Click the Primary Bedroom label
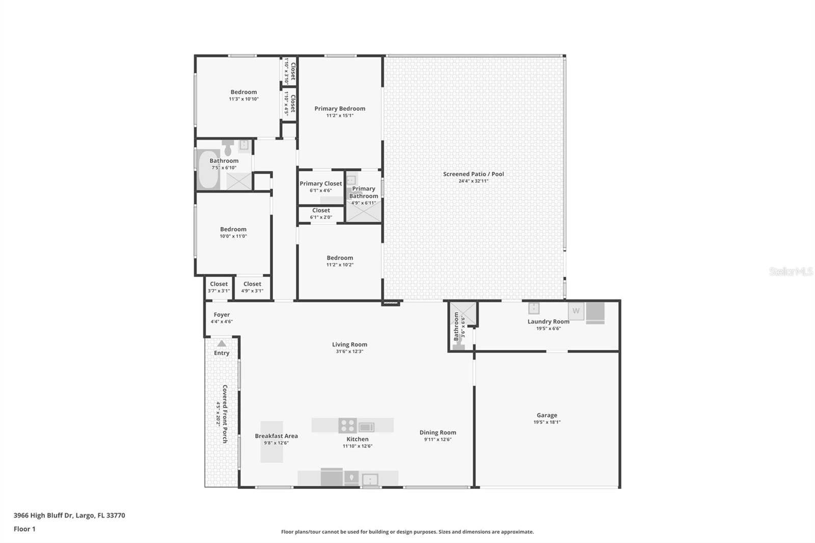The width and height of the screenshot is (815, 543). coord(340,108)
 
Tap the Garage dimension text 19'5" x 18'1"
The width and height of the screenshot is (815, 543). coord(547,422)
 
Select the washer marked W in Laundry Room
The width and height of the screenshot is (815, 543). coord(576,311)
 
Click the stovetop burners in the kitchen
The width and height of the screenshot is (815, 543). coord(347,425)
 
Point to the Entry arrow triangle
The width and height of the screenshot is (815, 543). coord(222,344)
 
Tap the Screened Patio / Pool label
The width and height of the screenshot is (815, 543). coord(473,174)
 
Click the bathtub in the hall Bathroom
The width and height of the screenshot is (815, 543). coord(208,170)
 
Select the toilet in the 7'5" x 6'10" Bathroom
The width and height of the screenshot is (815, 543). coord(228,148)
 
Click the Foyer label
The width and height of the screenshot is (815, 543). coord(222,315)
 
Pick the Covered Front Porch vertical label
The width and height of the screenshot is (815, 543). coord(225,414)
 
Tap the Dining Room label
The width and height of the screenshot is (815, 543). coord(438,432)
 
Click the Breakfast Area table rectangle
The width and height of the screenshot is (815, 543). coord(271,442)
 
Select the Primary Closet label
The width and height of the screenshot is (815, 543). coord(320,183)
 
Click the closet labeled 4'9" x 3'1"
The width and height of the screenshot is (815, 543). coord(252,287)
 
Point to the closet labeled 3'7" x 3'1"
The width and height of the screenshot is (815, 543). coord(219,287)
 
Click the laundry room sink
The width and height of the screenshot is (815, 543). coord(533,308)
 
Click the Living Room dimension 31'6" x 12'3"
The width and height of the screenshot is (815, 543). coord(349,351)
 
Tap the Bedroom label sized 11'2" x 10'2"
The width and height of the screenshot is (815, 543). coord(340,258)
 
